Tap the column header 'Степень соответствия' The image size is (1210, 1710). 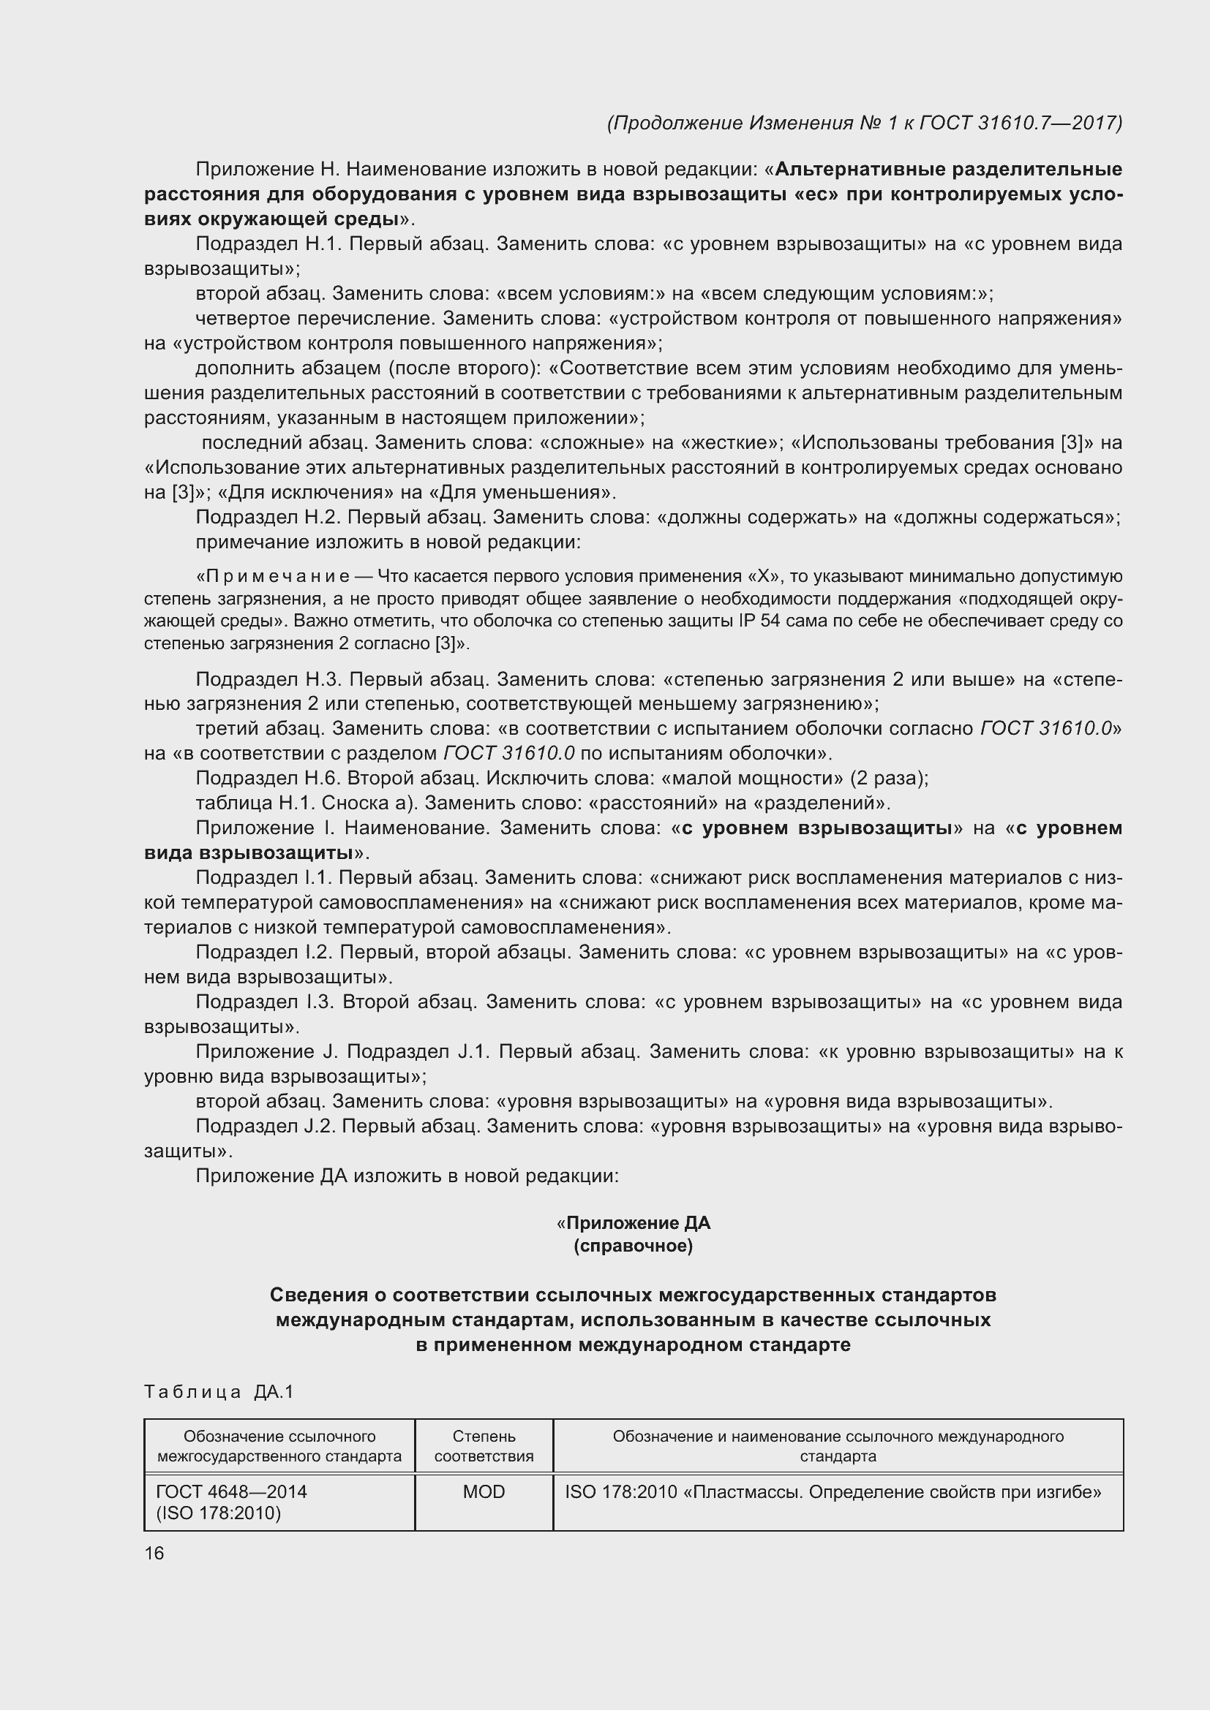click(x=484, y=1446)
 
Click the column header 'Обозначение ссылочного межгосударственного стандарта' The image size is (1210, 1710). click(x=279, y=1446)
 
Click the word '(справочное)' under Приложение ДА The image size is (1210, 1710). click(x=633, y=1246)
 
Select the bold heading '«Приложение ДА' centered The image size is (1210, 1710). click(x=633, y=1223)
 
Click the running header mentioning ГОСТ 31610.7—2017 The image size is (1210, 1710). click(x=864, y=123)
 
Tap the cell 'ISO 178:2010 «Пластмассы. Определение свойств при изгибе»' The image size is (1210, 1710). click(x=833, y=1492)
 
